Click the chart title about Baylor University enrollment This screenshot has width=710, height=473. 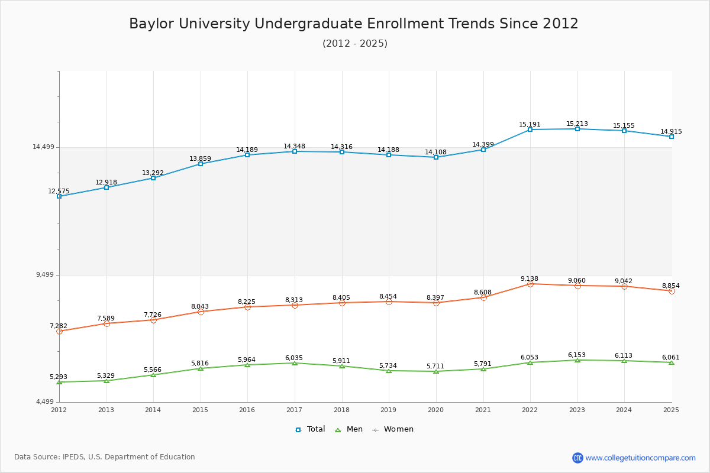[354, 24]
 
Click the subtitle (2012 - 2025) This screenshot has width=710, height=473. [355, 44]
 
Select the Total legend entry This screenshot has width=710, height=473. [310, 429]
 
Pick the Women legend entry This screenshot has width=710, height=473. [393, 429]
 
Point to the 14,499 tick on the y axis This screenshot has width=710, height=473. [43, 147]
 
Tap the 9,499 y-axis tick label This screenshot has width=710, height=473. [45, 275]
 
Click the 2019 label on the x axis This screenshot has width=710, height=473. [389, 410]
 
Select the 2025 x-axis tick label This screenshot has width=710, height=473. [671, 410]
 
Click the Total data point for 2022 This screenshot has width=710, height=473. [530, 129]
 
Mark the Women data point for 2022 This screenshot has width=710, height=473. [530, 284]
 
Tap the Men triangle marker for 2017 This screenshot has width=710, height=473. [295, 363]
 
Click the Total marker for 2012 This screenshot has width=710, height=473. [59, 196]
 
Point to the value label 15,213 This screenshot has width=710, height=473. [577, 124]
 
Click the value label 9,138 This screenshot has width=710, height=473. [530, 278]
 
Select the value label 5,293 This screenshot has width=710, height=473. [59, 377]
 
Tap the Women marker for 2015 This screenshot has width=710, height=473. [201, 312]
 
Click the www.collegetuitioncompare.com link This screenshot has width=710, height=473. [640, 458]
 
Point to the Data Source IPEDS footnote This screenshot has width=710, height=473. [105, 457]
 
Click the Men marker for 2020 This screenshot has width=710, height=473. [436, 371]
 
